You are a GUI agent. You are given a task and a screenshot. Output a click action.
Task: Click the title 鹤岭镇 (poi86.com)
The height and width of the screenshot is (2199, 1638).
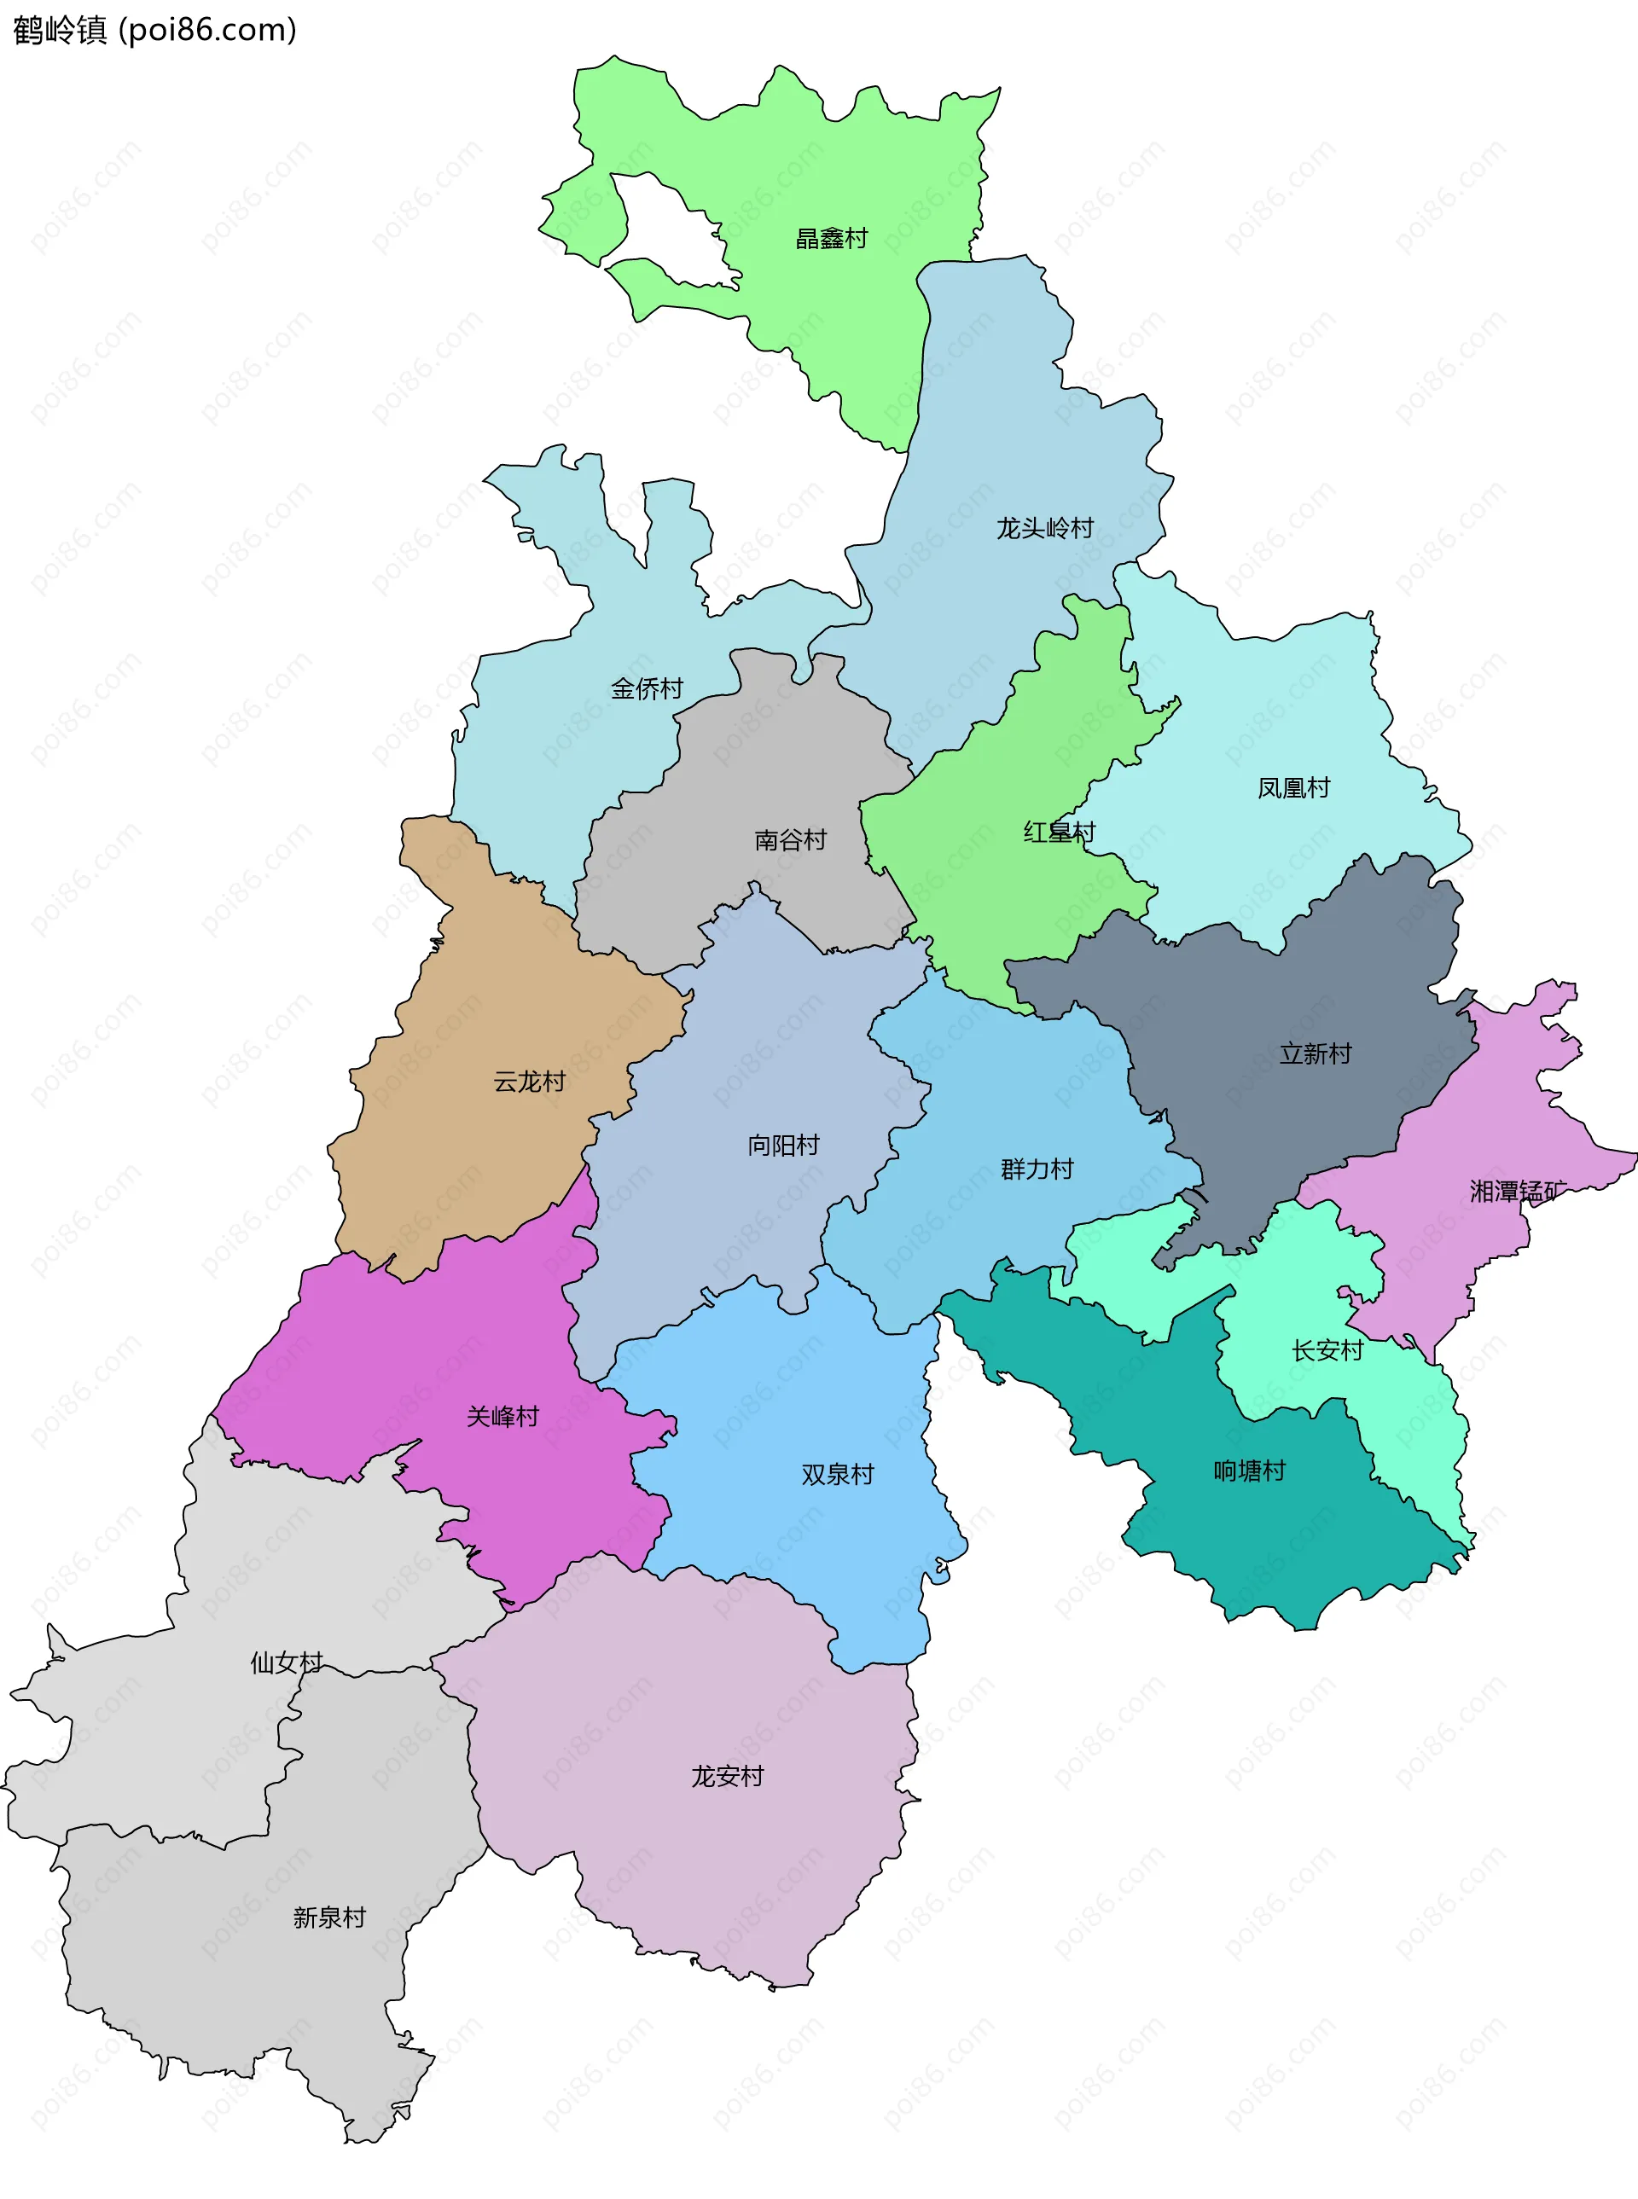point(154,30)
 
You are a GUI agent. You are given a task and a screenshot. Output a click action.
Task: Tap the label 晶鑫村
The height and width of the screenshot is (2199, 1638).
point(831,238)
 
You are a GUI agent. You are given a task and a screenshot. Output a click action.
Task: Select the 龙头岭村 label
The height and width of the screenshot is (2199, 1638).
point(1044,527)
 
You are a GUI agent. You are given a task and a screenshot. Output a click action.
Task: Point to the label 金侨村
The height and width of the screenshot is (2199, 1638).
point(647,688)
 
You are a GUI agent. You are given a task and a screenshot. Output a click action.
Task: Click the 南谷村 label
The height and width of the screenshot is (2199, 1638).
point(790,839)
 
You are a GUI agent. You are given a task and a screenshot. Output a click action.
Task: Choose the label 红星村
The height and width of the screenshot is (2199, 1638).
point(1059,832)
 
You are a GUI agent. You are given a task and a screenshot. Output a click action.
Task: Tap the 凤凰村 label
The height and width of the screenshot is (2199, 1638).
point(1293,787)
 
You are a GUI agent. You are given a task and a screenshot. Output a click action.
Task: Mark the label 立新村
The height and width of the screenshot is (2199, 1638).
point(1315,1053)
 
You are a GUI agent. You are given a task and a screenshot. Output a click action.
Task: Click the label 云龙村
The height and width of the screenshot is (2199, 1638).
point(530,1081)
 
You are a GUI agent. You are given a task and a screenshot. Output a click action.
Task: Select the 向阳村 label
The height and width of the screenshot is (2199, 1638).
point(783,1145)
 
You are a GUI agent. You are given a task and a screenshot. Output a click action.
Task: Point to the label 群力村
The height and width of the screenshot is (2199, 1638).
point(1037,1169)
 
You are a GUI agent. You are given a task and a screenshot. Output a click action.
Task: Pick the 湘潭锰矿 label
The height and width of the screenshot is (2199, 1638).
point(1517,1191)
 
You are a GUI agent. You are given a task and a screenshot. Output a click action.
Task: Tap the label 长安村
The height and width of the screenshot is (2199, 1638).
point(1327,1350)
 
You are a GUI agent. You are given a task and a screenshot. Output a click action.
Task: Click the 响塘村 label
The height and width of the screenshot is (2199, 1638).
point(1249,1471)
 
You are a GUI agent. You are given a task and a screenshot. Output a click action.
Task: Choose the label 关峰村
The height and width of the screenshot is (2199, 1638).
point(502,1416)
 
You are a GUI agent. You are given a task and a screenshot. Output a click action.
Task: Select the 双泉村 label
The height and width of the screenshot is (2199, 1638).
point(838,1474)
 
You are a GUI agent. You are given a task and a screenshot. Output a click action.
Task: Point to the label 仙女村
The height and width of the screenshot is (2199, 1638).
point(287,1662)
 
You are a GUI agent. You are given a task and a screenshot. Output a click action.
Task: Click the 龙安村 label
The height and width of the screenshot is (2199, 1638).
point(728,1776)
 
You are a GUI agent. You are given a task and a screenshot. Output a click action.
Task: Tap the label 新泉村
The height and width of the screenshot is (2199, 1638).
point(329,1918)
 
